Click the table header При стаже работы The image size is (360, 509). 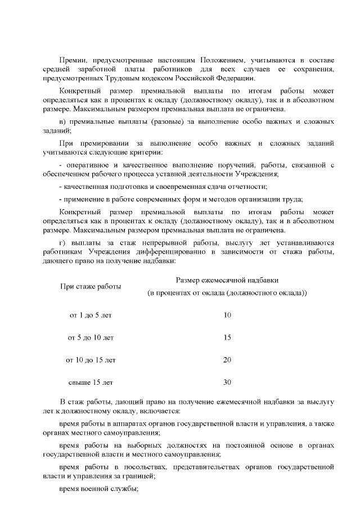[91, 286]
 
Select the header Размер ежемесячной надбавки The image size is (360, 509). [227, 280]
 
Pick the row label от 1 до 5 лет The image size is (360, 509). [91, 315]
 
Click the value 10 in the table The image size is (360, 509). [227, 315]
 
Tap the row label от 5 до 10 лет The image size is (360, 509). [91, 337]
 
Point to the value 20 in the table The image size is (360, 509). [227, 359]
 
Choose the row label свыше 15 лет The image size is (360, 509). [91, 382]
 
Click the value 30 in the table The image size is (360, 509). [227, 382]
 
